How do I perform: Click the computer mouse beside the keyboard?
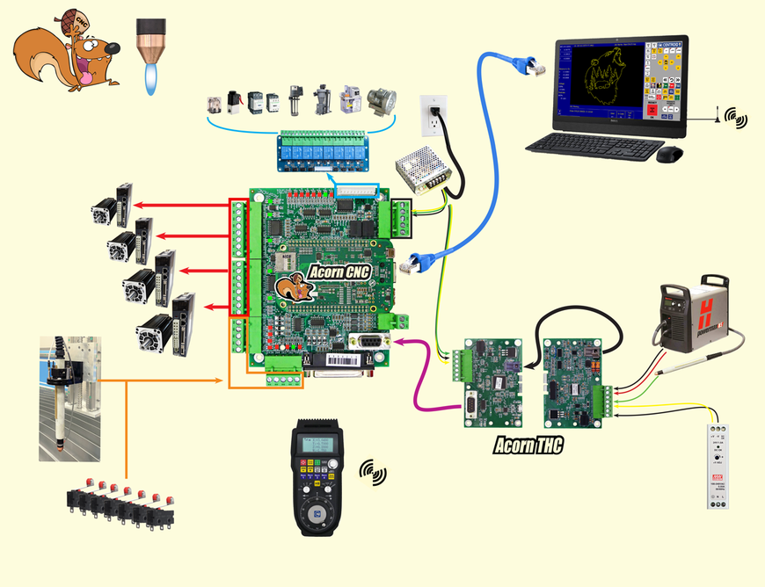670,155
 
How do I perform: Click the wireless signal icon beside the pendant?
373,474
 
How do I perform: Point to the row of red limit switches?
123,505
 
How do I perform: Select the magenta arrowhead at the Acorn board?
397,340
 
